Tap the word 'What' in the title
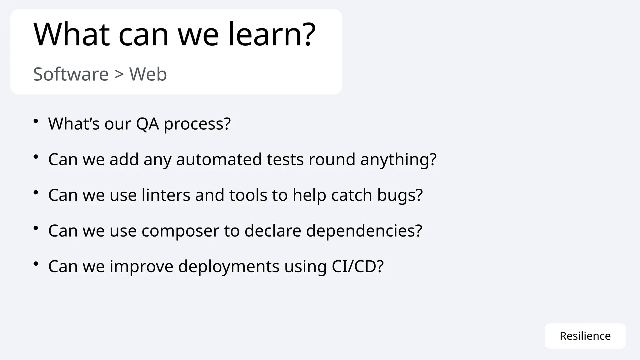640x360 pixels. [x=72, y=34]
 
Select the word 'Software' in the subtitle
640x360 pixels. [x=71, y=74]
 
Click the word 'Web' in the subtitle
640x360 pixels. [x=148, y=74]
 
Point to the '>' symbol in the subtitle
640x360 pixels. [x=119, y=74]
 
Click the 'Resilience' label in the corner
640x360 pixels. [x=585, y=336]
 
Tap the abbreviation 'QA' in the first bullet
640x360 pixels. [x=147, y=124]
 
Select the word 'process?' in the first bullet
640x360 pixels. [x=197, y=124]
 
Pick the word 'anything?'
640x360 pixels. [x=398, y=160]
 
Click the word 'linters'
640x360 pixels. [x=166, y=195]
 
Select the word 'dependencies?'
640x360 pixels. [x=364, y=231]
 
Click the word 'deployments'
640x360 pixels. [x=229, y=267]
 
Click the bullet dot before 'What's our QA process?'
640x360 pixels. [x=36, y=121]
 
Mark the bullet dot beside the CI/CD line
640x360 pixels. [x=36, y=263]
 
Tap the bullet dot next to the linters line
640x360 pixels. [x=36, y=192]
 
